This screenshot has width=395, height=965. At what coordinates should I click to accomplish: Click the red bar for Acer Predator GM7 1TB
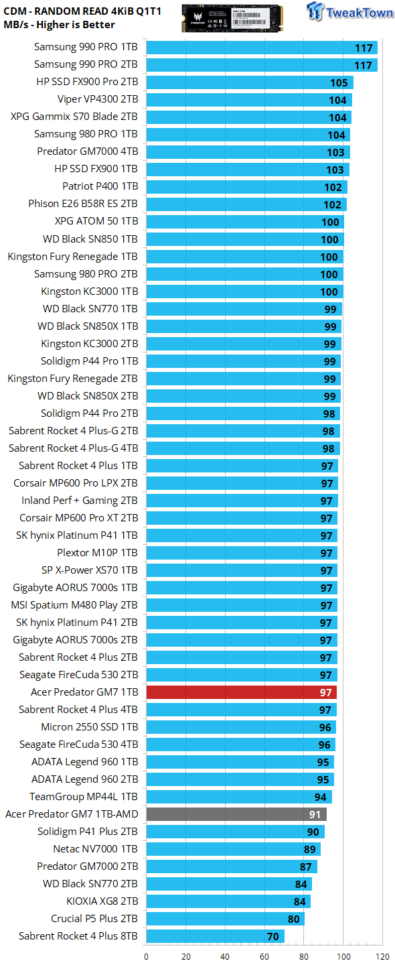tap(242, 692)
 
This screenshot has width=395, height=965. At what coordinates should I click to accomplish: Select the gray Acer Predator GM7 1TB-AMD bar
tap(236, 814)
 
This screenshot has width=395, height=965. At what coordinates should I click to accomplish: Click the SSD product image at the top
tap(232, 17)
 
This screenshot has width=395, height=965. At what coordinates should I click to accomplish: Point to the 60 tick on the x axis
tap(264, 956)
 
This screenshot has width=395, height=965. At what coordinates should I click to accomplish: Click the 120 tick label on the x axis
tap(382, 956)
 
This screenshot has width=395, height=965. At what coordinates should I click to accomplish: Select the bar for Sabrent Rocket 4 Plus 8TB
tap(215, 936)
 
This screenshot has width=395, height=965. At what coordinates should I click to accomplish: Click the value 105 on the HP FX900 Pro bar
tap(339, 82)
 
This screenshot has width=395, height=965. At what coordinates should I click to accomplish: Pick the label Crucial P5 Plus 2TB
tap(94, 919)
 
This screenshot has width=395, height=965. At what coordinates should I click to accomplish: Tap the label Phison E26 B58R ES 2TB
tap(83, 203)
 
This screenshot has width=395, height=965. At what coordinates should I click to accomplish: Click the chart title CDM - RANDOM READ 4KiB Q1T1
tap(82, 11)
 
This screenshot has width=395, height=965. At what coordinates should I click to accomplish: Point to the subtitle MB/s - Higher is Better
tap(59, 25)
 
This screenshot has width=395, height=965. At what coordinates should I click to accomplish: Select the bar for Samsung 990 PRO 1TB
tap(262, 48)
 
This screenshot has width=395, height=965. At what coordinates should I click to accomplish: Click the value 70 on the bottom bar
tap(272, 937)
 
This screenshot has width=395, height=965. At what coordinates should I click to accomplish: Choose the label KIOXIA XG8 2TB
tap(102, 901)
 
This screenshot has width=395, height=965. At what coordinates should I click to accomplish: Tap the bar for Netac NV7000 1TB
tap(233, 848)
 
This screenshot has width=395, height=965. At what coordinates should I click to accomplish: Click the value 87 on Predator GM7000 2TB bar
tap(305, 866)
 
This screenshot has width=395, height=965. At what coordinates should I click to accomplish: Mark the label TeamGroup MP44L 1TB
tap(84, 797)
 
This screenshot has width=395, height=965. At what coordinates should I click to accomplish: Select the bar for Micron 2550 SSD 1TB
tap(241, 726)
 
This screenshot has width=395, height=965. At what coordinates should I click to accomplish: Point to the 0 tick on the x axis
tap(147, 956)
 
